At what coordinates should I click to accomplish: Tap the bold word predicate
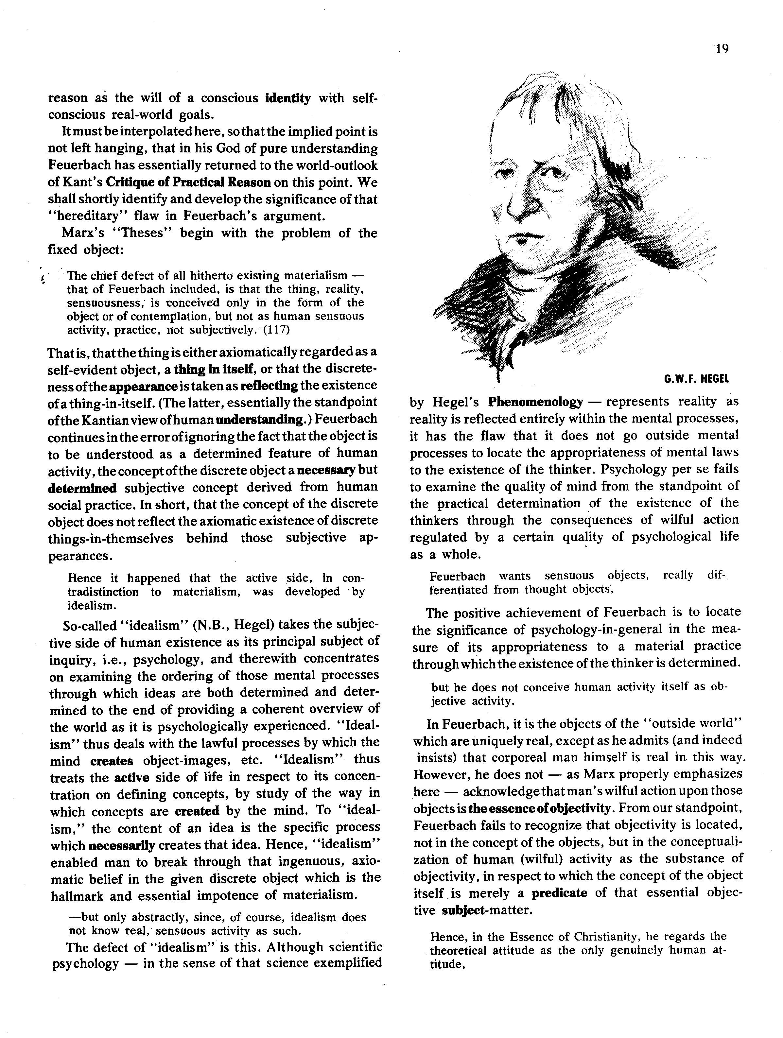pos(559,892)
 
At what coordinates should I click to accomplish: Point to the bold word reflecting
pos(269,386)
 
